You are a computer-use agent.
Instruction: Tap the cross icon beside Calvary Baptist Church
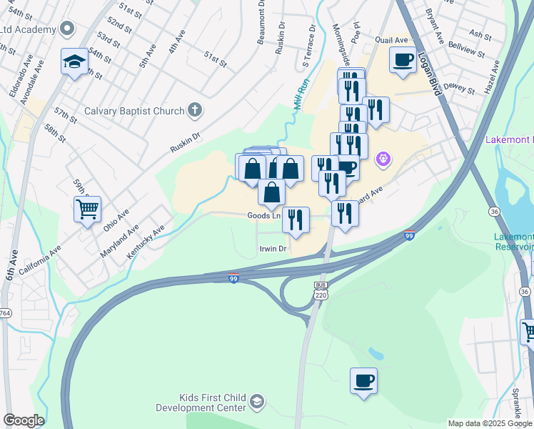(195, 111)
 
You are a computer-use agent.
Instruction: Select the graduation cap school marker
(74, 61)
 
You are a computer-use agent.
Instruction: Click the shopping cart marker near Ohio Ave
(87, 209)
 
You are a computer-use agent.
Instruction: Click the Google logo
(24, 420)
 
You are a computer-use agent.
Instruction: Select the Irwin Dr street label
(272, 249)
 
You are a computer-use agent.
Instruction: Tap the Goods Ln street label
(263, 215)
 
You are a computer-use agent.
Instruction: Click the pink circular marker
(383, 157)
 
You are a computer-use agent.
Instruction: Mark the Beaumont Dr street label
(261, 24)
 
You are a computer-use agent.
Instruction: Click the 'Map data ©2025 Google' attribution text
(490, 423)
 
